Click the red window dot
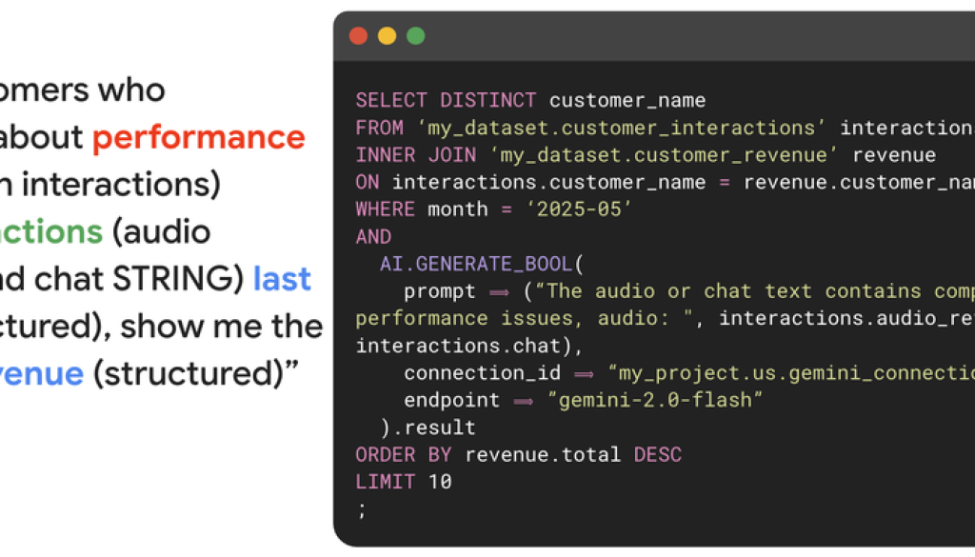pos(359,36)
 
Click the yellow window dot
pos(388,36)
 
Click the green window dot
pos(416,36)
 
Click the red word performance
pos(199,138)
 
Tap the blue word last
pos(282,279)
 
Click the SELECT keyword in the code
pos(391,100)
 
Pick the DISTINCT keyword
pos(487,100)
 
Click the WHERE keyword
pos(385,209)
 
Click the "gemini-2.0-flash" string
pos(656,400)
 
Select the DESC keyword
pos(657,455)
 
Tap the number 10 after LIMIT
pos(439,482)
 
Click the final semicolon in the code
pos(361,509)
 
